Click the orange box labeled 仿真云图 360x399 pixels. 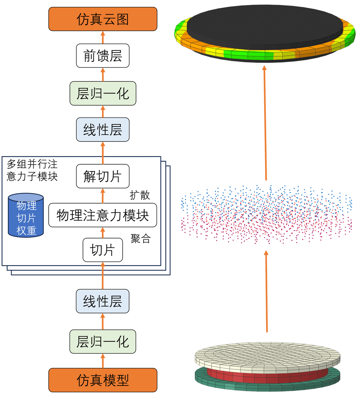point(103,19)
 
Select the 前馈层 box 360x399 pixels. point(103,56)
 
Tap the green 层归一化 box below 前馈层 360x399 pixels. point(103,94)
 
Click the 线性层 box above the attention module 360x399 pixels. point(103,130)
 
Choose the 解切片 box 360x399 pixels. point(103,176)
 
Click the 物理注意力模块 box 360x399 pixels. point(103,215)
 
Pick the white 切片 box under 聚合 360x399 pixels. point(103,250)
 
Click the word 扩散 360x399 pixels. point(140,195)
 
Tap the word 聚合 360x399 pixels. point(140,239)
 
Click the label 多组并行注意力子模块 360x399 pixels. point(32,170)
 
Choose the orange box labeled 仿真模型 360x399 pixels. point(103,380)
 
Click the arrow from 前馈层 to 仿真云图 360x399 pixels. point(103,37)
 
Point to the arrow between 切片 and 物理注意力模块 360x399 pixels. point(103,233)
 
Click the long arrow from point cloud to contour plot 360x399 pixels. point(265,123)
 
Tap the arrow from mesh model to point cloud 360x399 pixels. point(266,291)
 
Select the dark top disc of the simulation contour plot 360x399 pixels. point(264,26)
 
